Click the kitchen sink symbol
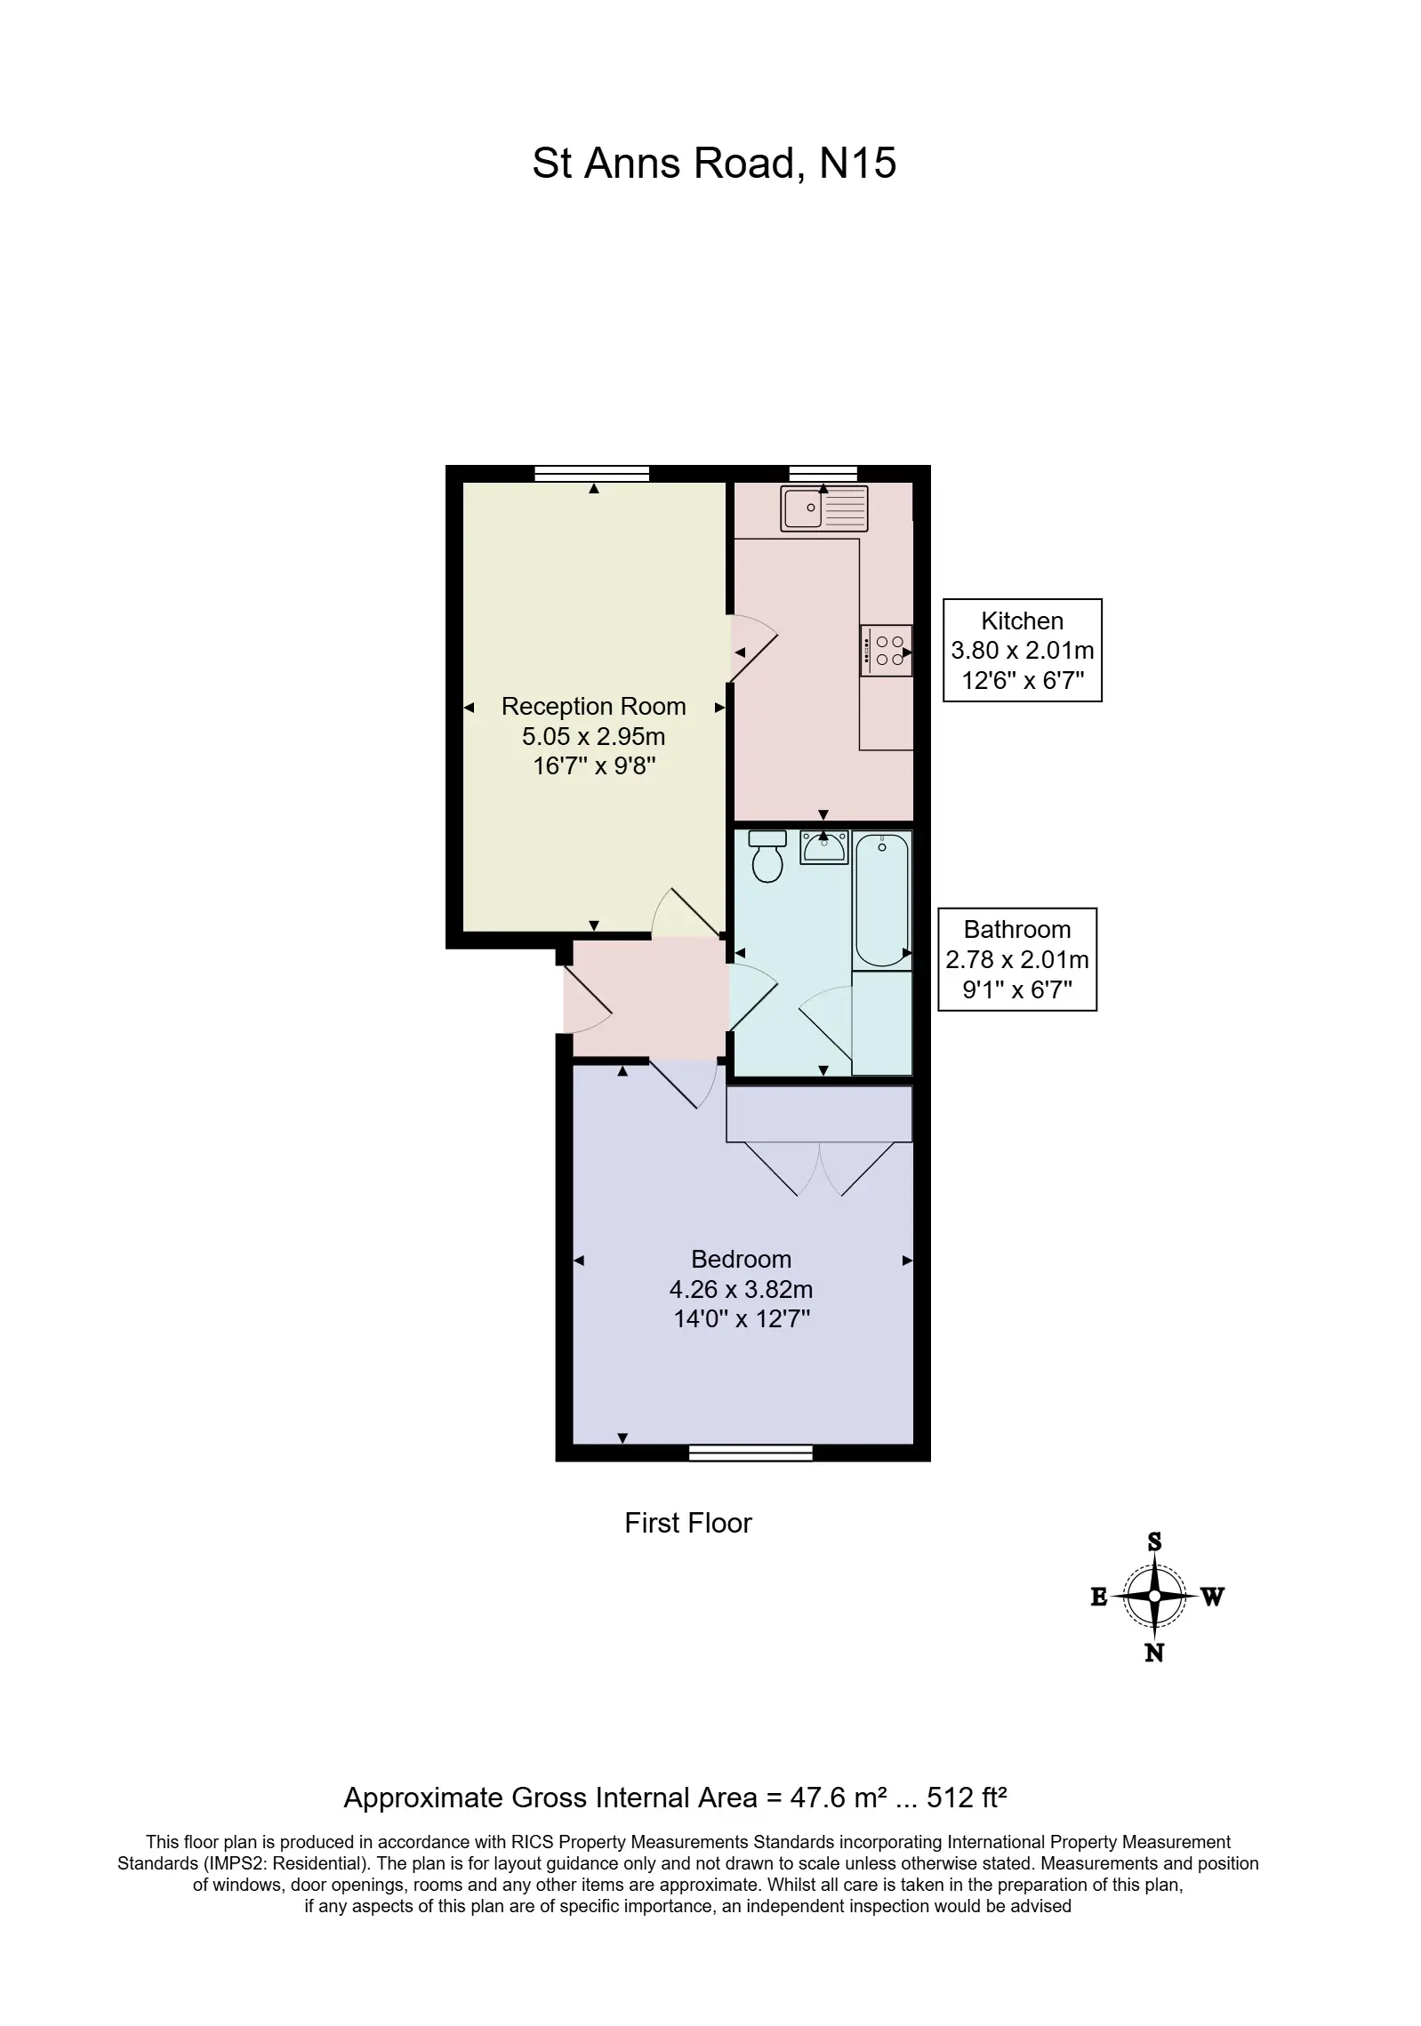(x=823, y=508)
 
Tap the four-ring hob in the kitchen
(x=886, y=650)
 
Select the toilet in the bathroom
(x=767, y=855)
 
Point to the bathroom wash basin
(x=824, y=846)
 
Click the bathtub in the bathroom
(x=882, y=900)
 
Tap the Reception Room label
(x=593, y=706)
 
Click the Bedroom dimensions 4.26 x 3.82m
(x=741, y=1289)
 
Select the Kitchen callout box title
(x=1022, y=621)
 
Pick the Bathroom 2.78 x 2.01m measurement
(x=1017, y=959)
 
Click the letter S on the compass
(x=1154, y=1542)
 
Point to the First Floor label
(x=688, y=1523)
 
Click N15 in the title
(x=857, y=163)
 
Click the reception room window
(x=592, y=473)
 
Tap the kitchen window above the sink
(x=823, y=473)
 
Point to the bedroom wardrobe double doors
(x=819, y=1168)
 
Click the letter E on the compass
(x=1099, y=1598)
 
